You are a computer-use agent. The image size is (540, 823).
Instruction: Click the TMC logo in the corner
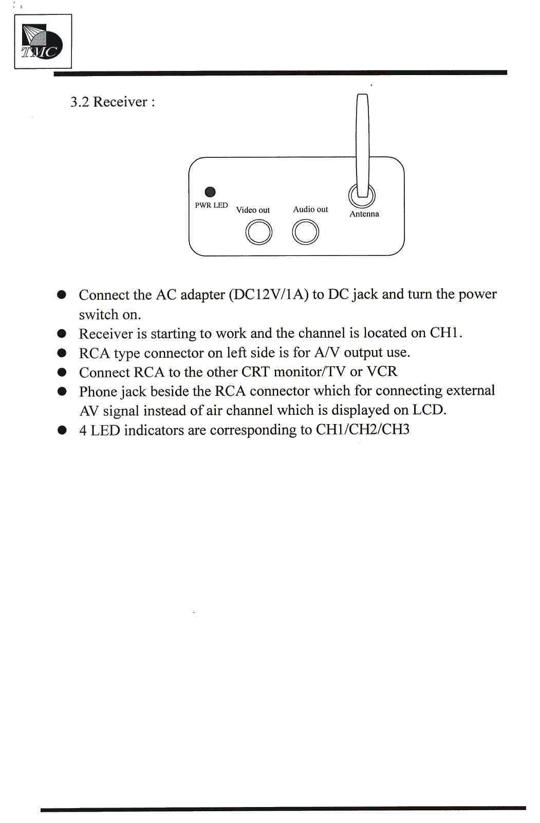tap(42, 42)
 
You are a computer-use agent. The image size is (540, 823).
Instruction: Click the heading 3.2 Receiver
tap(112, 102)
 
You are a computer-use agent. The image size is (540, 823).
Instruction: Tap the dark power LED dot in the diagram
tap(210, 192)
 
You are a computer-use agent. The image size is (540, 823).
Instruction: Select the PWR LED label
tap(211, 205)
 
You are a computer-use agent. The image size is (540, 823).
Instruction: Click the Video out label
tap(253, 210)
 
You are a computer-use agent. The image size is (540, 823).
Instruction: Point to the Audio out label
tap(310, 209)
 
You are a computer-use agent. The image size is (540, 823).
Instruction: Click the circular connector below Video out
tap(258, 232)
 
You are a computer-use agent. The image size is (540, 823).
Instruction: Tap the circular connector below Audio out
tap(306, 232)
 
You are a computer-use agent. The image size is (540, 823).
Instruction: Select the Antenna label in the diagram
tap(364, 214)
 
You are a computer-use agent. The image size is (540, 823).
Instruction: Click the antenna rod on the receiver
tap(362, 144)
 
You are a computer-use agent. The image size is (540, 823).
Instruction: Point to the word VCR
tap(382, 371)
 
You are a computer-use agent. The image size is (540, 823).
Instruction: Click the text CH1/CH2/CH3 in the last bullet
tap(363, 430)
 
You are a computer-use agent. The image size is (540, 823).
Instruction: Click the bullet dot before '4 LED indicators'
tap(62, 430)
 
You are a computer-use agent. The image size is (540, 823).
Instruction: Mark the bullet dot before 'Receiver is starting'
tap(62, 334)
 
